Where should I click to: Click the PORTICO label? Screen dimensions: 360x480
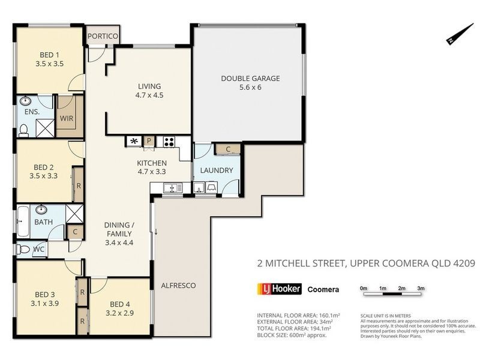tap(103, 36)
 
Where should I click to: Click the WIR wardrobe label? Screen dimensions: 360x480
tap(66, 118)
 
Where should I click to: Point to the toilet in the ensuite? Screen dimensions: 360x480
tap(23, 128)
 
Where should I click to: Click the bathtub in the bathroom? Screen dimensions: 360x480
tap(22, 221)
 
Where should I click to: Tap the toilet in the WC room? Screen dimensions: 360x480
tap(22, 249)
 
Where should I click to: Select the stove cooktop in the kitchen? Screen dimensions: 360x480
tap(169, 142)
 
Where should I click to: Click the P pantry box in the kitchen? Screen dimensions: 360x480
tap(149, 142)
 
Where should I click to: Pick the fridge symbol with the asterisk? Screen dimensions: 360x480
tap(133, 142)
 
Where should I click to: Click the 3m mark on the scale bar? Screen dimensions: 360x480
tap(421, 289)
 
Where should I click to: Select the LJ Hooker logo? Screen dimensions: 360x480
tap(278, 289)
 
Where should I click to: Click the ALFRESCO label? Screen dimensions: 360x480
tap(178, 285)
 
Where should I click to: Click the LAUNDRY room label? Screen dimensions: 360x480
tap(217, 170)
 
